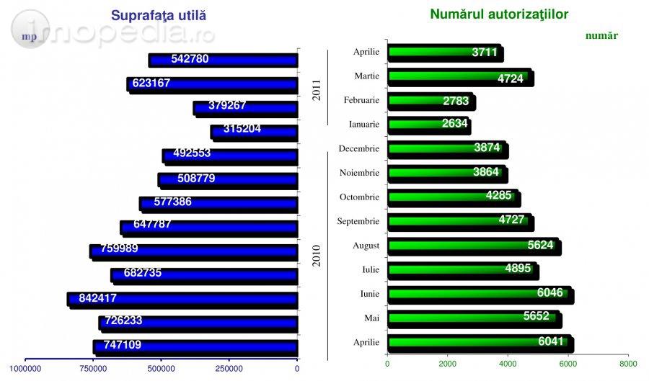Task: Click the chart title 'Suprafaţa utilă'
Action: [163, 16]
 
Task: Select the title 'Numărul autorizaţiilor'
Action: [499, 14]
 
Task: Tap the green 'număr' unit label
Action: [601, 35]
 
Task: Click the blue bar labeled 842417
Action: [182, 298]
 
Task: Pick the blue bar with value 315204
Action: [255, 131]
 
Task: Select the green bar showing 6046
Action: [480, 294]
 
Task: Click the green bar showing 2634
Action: [428, 124]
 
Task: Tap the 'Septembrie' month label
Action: [358, 221]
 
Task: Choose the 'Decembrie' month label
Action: [358, 148]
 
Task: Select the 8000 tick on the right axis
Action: [627, 364]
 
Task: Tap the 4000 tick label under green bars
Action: [508, 364]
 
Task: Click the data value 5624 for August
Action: [540, 245]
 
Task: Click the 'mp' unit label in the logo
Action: [29, 36]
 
